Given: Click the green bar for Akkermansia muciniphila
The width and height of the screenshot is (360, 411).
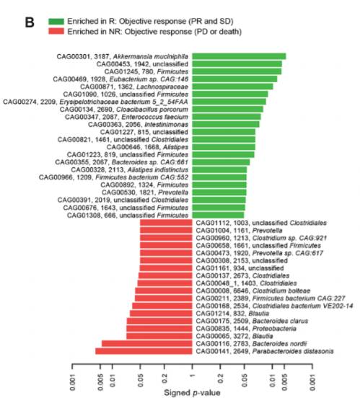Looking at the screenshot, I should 239,56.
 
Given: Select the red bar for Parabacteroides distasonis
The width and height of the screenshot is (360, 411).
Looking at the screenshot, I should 144,351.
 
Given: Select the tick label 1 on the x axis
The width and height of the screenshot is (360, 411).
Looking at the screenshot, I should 192,378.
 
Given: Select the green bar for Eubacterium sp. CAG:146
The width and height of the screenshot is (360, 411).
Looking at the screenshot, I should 234,79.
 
